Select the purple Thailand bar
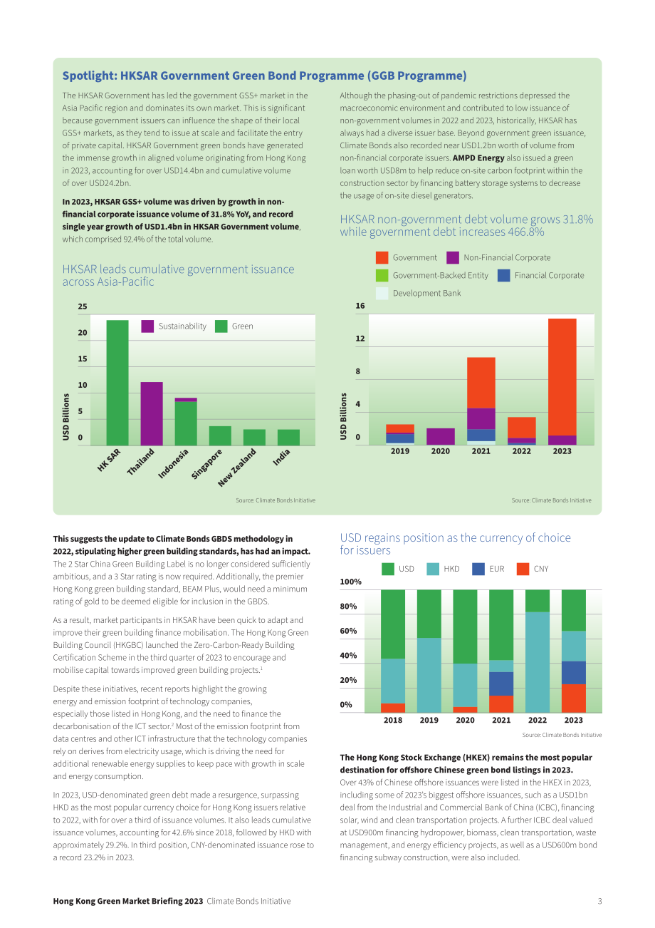click(152, 413)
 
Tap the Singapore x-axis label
click(206, 464)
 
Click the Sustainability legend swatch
click(147, 326)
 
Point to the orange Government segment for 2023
click(562, 377)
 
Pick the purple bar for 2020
click(440, 436)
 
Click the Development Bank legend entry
click(419, 293)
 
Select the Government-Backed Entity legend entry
click(432, 275)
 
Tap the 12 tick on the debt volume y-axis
click(360, 339)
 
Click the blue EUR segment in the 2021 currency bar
click(501, 684)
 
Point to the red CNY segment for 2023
click(574, 698)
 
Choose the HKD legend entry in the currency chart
click(443, 569)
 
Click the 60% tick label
click(348, 631)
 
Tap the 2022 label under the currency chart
click(537, 720)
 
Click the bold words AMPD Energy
click(478, 158)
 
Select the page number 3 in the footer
click(599, 901)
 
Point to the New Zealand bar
click(254, 437)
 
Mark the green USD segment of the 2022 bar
click(537, 601)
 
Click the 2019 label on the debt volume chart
click(399, 450)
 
